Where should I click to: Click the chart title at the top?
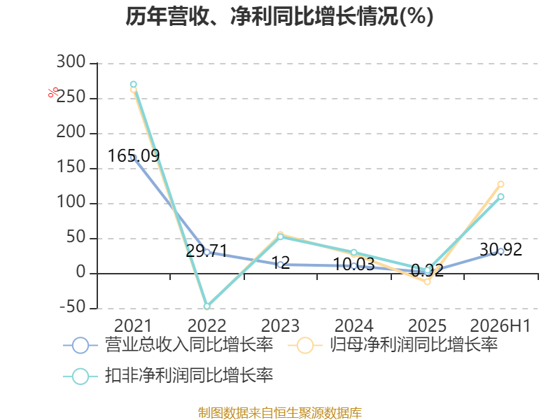click(279, 16)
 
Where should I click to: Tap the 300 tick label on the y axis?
click(71, 62)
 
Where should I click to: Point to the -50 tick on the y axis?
click(73, 307)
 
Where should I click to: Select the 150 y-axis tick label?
click(71, 167)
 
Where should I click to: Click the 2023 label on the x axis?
click(280, 325)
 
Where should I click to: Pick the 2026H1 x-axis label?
click(500, 325)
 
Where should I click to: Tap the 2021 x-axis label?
click(133, 325)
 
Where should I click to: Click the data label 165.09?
click(134, 155)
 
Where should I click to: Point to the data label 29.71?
click(206, 251)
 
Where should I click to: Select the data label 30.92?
click(500, 249)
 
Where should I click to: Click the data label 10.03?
click(353, 265)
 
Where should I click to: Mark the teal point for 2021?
click(133, 85)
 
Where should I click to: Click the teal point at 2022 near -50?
click(206, 307)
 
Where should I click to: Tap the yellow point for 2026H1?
click(500, 184)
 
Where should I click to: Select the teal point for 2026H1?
click(500, 197)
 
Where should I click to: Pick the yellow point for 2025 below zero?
click(427, 282)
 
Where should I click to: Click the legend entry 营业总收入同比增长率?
click(168, 345)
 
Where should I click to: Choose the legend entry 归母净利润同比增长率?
click(393, 345)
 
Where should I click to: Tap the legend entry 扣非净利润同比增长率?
click(168, 376)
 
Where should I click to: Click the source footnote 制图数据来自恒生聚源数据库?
click(280, 413)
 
